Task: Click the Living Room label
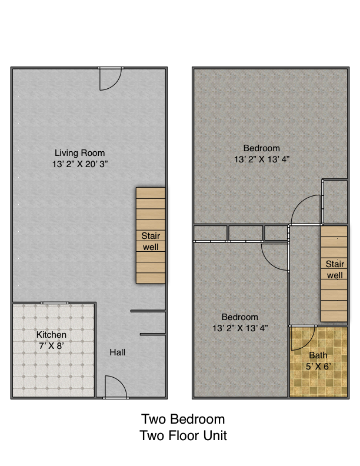click(x=79, y=153)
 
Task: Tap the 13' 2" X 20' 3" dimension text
click(x=80, y=164)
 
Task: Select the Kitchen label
click(x=51, y=335)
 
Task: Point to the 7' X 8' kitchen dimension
click(x=51, y=346)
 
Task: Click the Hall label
click(x=117, y=352)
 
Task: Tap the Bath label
click(x=318, y=355)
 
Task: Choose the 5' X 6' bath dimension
click(x=318, y=367)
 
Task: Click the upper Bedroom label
click(x=261, y=148)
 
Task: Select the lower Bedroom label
click(x=239, y=317)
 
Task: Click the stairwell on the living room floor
click(x=151, y=235)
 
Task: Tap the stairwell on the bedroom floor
click(x=334, y=274)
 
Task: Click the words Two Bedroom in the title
click(x=183, y=419)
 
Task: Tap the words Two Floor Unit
click(x=184, y=435)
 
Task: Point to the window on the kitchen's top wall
click(x=55, y=303)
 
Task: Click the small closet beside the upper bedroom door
click(x=335, y=201)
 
